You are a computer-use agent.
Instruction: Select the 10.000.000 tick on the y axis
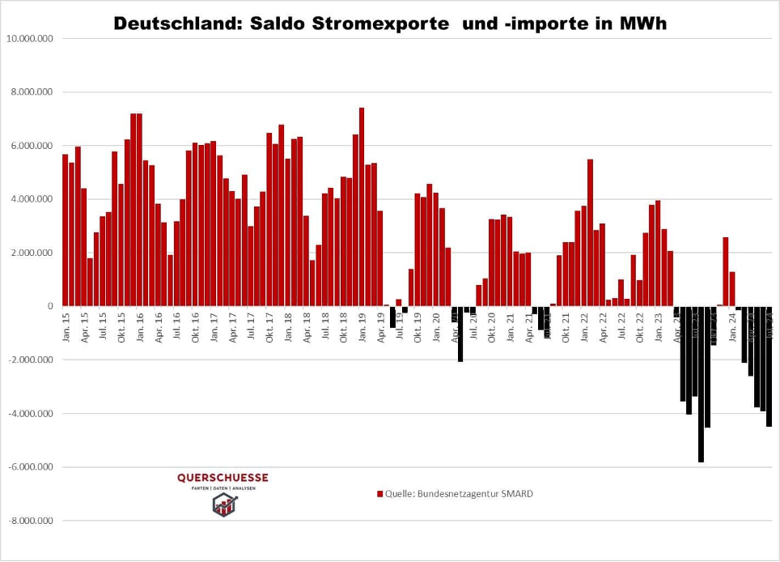pyautogui.click(x=31, y=39)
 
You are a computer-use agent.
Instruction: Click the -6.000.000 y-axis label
pyautogui.click(x=32, y=467)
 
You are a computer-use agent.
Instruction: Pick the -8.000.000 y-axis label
pyautogui.click(x=32, y=521)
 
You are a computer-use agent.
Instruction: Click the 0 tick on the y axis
pyautogui.click(x=49, y=306)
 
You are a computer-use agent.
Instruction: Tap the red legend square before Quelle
pyautogui.click(x=379, y=494)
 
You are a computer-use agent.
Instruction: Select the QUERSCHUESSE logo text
pyautogui.click(x=223, y=478)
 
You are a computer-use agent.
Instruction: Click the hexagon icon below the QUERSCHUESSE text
pyautogui.click(x=224, y=505)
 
